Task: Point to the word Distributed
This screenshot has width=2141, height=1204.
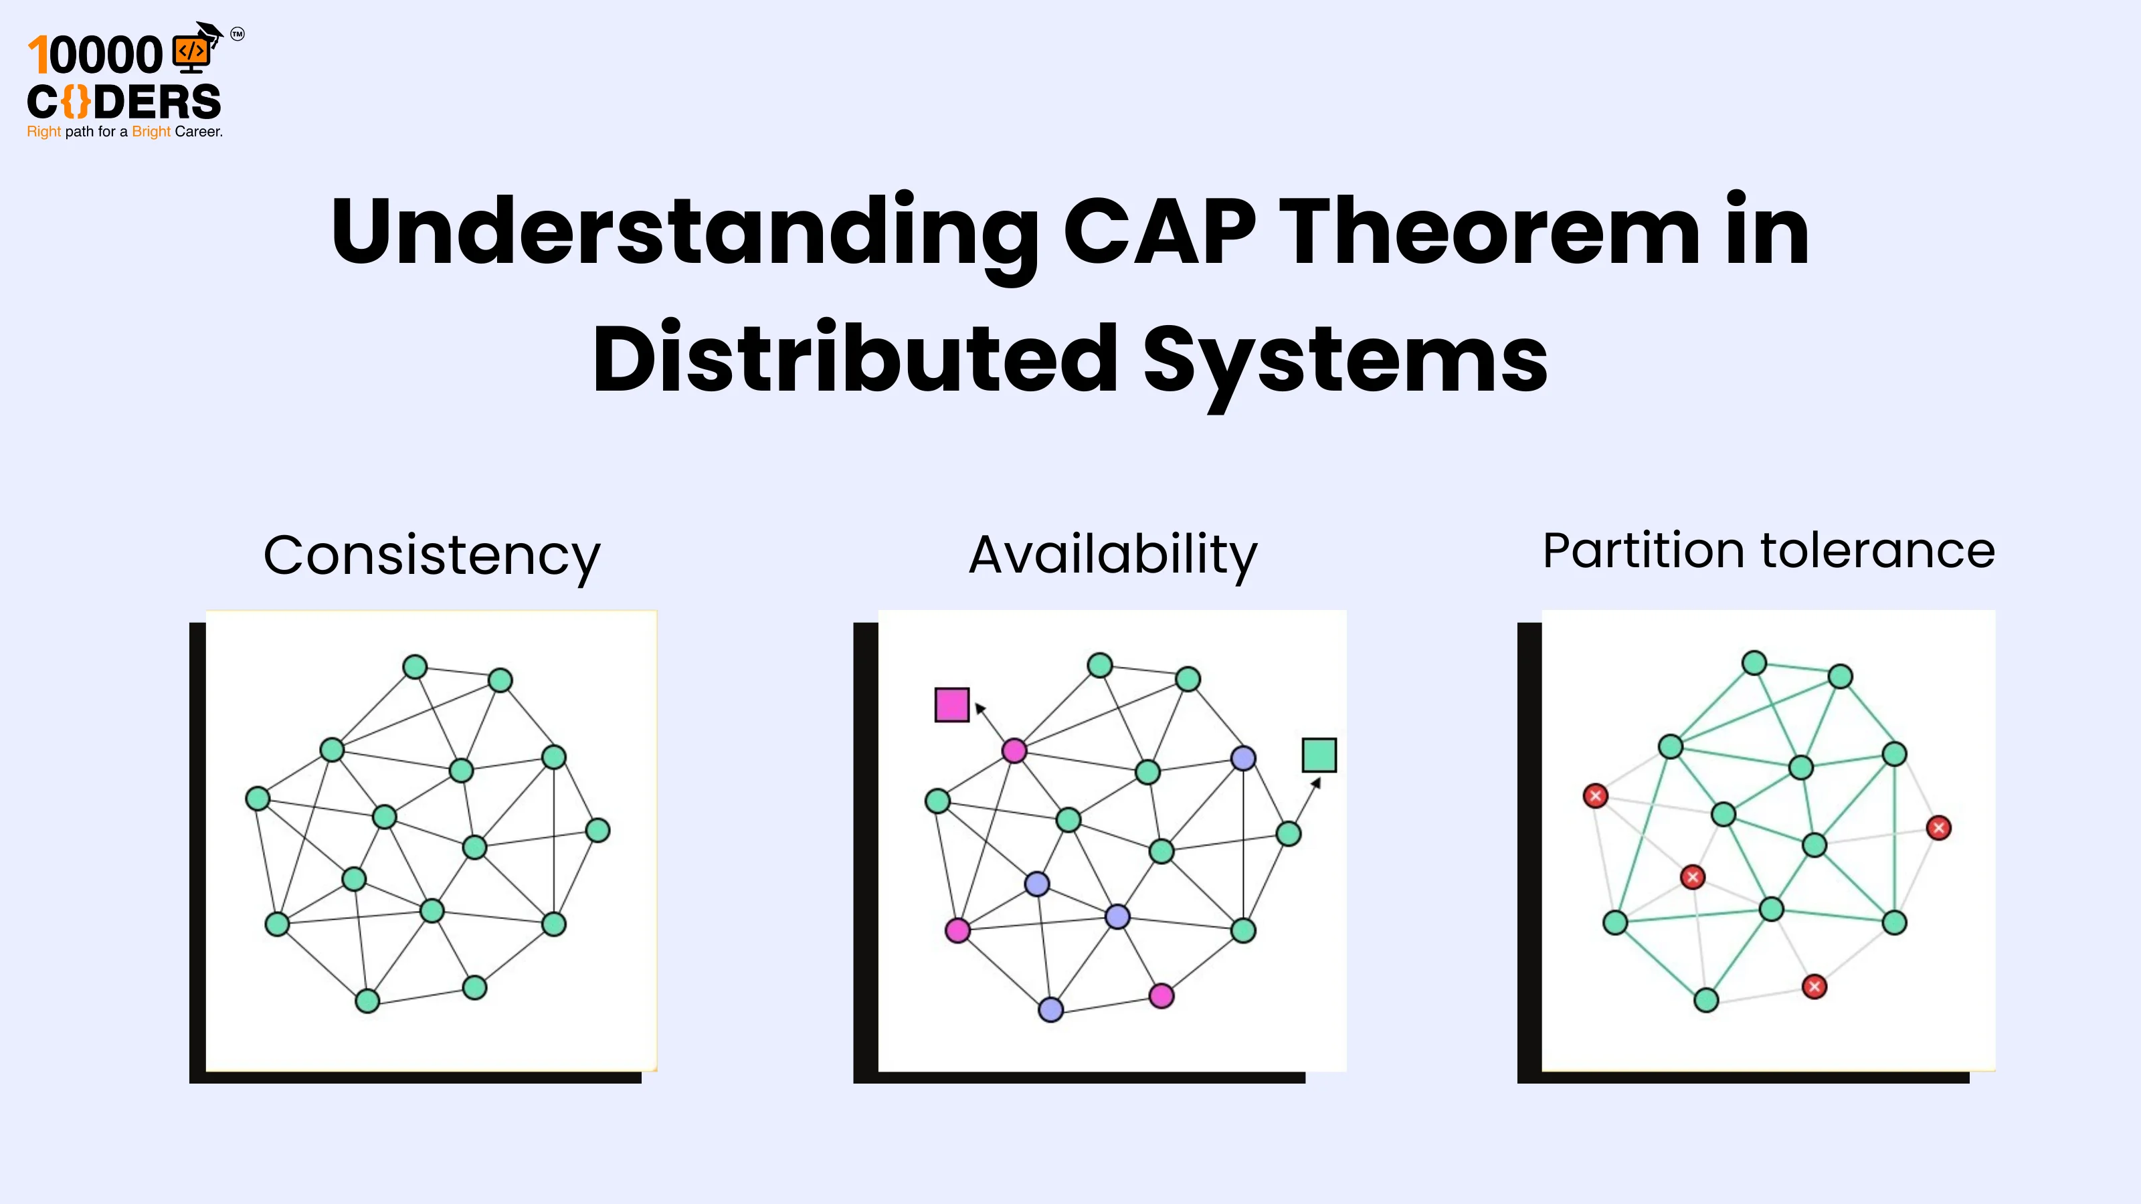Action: click(x=854, y=359)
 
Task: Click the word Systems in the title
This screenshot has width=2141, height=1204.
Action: click(x=1345, y=361)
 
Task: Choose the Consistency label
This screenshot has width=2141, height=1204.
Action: click(x=432, y=555)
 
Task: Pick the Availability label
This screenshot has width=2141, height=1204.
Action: click(x=1113, y=555)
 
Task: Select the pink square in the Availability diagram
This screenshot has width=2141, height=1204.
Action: click(x=951, y=704)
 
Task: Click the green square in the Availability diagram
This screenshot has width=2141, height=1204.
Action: click(x=1319, y=755)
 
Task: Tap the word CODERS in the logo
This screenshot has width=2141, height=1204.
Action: click(x=124, y=102)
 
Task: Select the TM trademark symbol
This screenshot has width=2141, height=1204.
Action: click(x=238, y=34)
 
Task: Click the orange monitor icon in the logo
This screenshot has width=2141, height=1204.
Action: click(x=191, y=52)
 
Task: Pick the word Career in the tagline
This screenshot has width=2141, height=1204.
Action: click(x=198, y=131)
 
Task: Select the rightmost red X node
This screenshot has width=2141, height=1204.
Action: click(x=1938, y=827)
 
